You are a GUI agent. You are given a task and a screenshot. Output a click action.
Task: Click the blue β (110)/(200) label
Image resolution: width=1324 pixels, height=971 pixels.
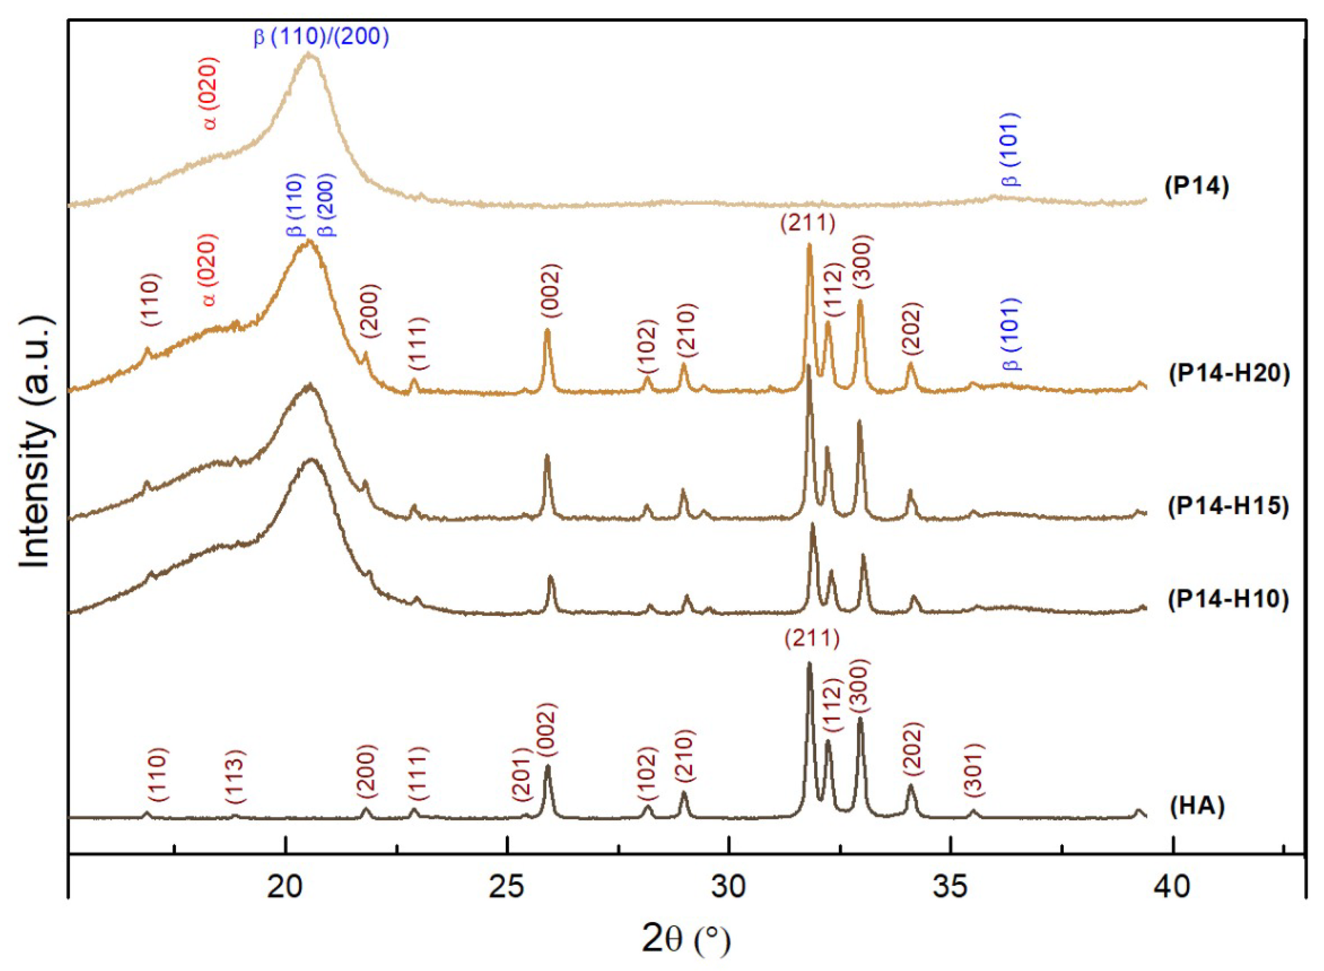(x=321, y=37)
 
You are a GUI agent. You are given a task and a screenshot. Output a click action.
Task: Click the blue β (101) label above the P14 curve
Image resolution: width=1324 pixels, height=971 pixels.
(x=1011, y=149)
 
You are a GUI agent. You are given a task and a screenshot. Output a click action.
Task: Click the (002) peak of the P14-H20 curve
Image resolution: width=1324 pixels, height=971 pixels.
(x=547, y=330)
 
